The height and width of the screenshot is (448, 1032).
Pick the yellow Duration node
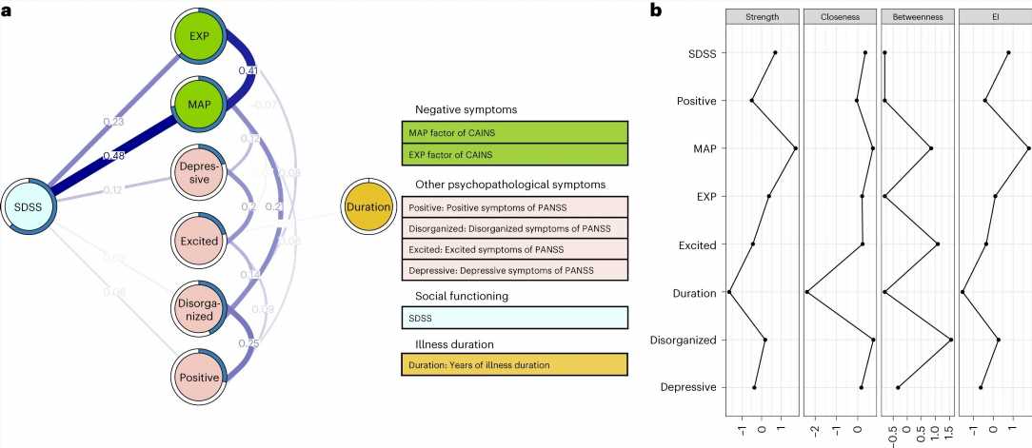368,206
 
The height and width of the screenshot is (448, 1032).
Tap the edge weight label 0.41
248,70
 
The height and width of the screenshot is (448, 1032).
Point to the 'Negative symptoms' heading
460,110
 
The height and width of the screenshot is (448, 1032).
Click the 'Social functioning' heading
460,296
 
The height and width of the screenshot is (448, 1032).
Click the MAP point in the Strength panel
795,148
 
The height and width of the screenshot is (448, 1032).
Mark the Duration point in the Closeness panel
807,292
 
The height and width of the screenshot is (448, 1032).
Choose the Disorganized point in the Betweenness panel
950,340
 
